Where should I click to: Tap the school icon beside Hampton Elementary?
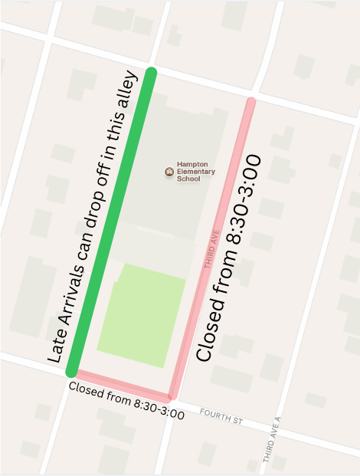169,171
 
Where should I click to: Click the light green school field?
142,315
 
